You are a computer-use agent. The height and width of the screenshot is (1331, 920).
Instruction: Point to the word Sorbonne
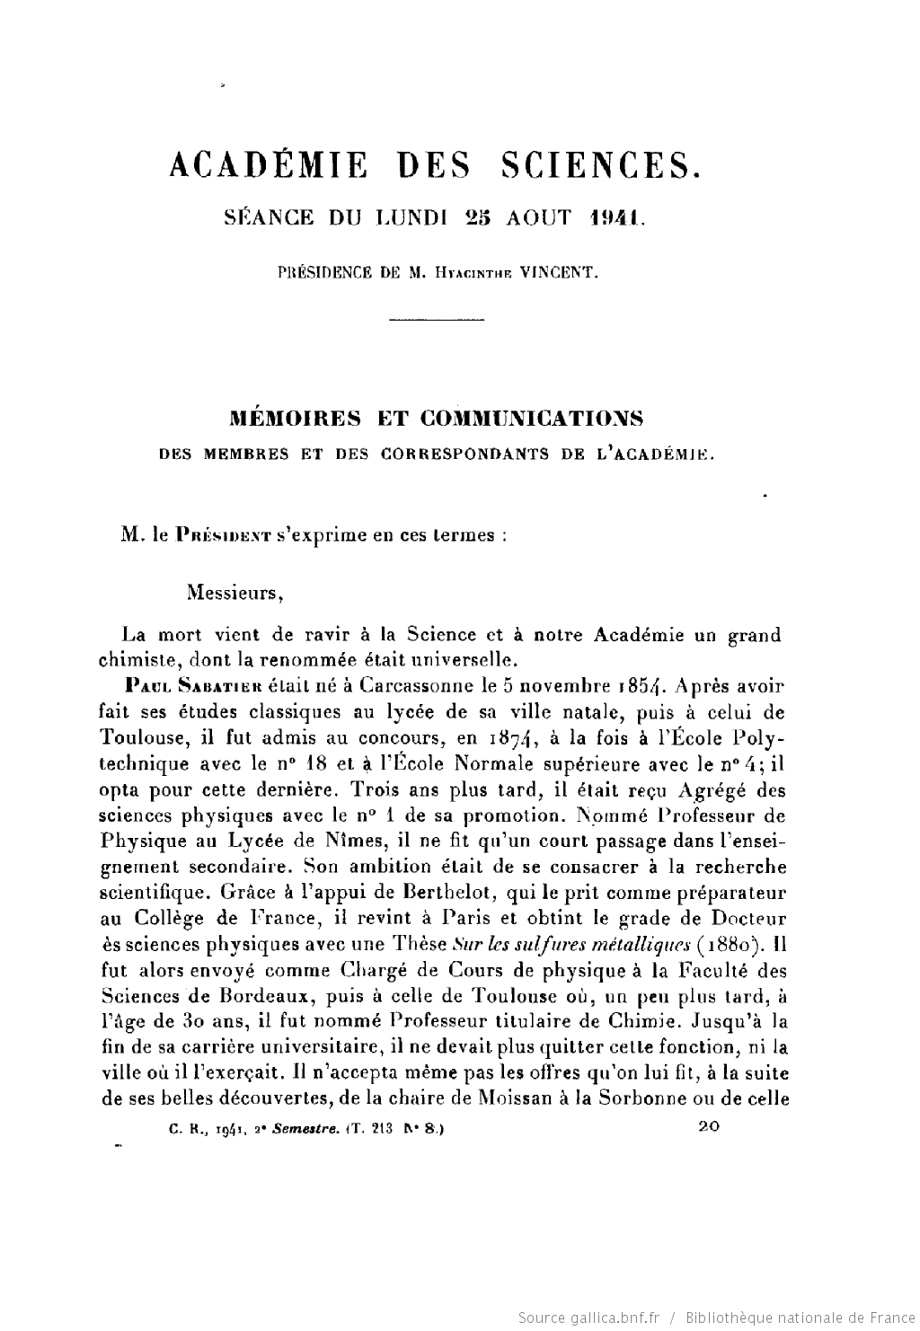pyautogui.click(x=657, y=1098)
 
